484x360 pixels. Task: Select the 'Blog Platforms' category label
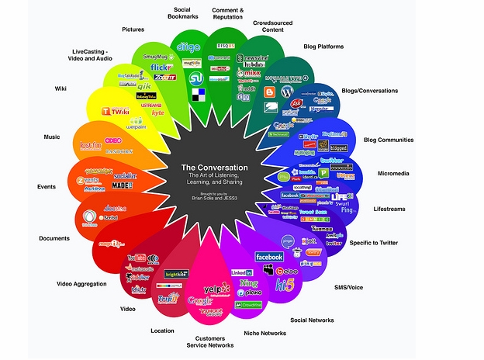coord(324,47)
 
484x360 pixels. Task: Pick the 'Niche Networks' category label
coord(265,334)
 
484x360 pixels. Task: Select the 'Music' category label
coord(52,137)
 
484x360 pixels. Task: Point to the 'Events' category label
coord(46,186)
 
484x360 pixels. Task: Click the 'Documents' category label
coord(55,237)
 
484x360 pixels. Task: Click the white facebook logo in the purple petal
coord(268,257)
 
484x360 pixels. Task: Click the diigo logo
coord(189,47)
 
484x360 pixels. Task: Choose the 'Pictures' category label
coord(133,29)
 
